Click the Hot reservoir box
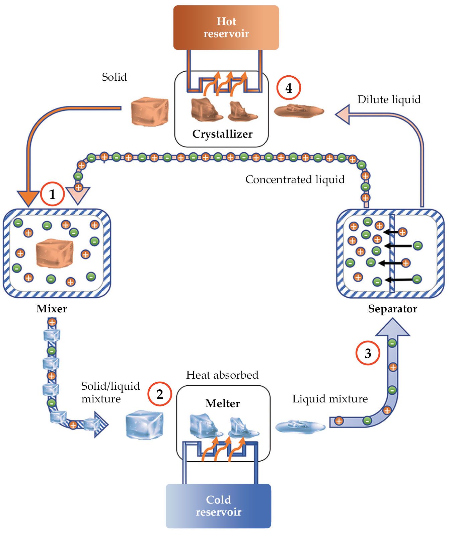pos(226,27)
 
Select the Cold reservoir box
pos(218,506)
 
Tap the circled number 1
pos(52,194)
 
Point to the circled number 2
pos(160,394)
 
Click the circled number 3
pos(368,353)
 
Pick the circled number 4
pos(289,88)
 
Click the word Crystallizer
pos(222,134)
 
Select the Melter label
pos(223,403)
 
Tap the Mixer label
pos(52,309)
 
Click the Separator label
pos(392,309)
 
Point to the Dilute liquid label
pos(389,99)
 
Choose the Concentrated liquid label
pos(295,179)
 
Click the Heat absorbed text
pos(222,375)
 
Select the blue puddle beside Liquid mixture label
pos(300,426)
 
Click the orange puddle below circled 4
pos(299,111)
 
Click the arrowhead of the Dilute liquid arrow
pos(343,114)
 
